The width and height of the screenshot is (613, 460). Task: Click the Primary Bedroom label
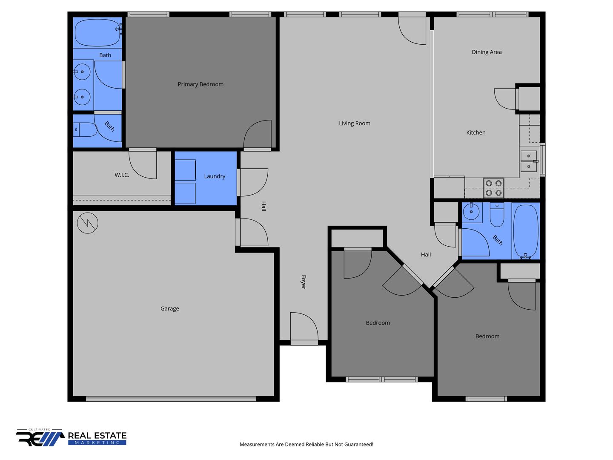coord(200,84)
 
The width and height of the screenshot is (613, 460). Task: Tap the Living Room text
coord(354,123)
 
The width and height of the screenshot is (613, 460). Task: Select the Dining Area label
coord(486,52)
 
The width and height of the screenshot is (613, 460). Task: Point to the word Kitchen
coord(476,132)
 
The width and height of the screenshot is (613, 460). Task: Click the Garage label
coord(169,308)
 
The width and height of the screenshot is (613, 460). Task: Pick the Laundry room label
coord(214,176)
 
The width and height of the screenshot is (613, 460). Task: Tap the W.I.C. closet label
coord(122,175)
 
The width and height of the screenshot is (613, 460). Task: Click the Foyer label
coord(303,282)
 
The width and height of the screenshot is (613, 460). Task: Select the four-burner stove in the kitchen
coord(493,188)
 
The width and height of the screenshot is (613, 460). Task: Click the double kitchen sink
coord(528,161)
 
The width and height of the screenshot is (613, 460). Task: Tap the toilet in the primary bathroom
coord(85,129)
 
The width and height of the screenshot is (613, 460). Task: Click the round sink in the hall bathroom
coord(471,211)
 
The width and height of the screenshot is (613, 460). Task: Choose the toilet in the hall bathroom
coord(497,215)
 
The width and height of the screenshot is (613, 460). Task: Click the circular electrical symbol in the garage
coord(87,223)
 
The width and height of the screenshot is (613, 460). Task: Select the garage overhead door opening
coord(171,399)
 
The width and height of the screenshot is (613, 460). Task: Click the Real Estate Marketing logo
coord(71,438)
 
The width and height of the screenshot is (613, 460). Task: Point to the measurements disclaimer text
coord(306,444)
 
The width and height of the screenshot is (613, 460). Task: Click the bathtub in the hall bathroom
coord(526,231)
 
